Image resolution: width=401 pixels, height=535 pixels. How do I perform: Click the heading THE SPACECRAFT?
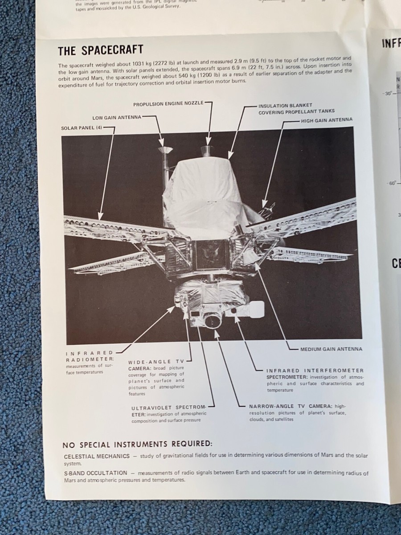coord(100,49)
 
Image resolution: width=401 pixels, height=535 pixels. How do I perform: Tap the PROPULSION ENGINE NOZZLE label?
coord(168,103)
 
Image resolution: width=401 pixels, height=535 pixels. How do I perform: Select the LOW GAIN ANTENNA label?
coord(117,118)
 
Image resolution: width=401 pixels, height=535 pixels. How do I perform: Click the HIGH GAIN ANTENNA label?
coord(327,120)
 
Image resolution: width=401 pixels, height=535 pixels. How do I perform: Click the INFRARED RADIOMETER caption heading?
coord(90,356)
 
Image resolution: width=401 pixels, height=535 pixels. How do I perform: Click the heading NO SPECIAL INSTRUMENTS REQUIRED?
coord(137,444)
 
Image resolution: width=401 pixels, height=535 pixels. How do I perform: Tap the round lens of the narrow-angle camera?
coord(213,320)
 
